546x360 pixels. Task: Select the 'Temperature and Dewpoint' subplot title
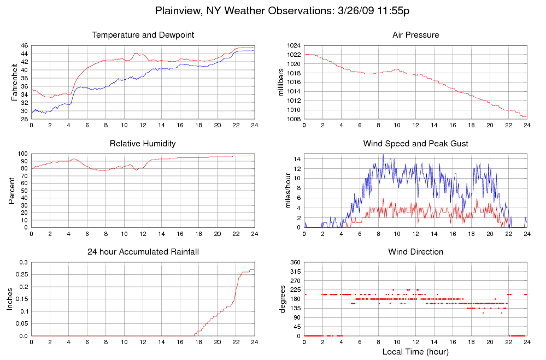143,35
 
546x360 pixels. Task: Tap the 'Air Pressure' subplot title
415,35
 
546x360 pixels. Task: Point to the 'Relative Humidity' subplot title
143,144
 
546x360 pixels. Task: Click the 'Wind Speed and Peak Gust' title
415,144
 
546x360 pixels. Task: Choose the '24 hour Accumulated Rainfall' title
143,252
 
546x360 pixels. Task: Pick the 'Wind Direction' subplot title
415,252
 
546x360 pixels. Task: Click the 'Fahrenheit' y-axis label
15,82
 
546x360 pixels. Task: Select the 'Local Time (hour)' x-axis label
415,351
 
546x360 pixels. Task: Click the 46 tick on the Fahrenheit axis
24,45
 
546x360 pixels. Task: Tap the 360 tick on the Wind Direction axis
295,263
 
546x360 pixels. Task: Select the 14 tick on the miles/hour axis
297,159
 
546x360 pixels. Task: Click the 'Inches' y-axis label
10,299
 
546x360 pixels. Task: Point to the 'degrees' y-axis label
282,299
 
